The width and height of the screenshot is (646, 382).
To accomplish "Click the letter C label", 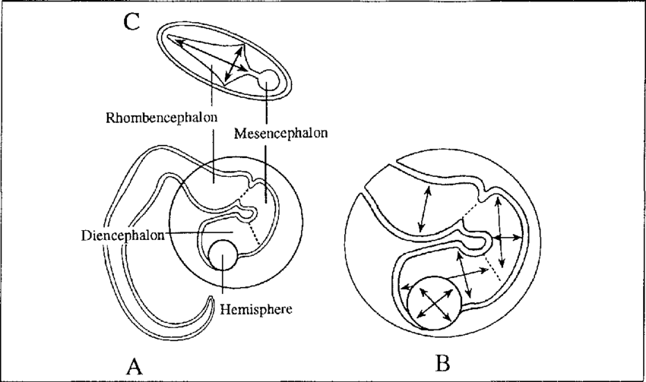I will (x=131, y=22).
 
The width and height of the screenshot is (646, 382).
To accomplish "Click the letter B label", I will (x=442, y=360).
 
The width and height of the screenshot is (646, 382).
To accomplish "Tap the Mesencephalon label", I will (x=280, y=134).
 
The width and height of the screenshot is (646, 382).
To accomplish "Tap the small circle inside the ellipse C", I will (x=268, y=80).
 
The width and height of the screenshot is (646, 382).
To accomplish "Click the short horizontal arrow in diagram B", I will (x=506, y=238).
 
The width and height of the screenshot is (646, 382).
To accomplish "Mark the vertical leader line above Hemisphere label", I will (x=222, y=285).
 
